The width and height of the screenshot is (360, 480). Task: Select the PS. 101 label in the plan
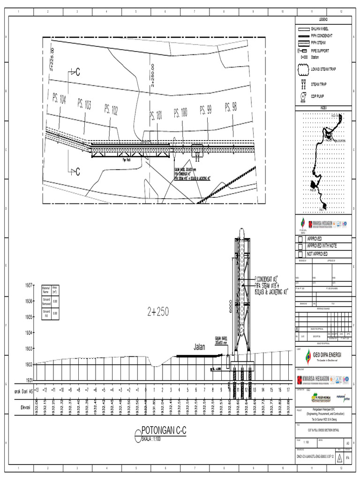pos(156,115)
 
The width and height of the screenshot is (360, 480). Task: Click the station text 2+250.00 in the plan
pos(152,75)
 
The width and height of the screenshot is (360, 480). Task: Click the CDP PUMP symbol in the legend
pos(303,97)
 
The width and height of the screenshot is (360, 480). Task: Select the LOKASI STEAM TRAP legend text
pos(323,69)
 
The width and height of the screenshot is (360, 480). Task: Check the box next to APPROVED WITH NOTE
pos(300,246)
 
